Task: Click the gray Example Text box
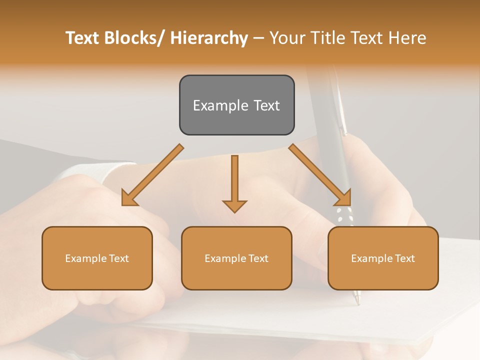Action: tap(236, 105)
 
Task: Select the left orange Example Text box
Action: tap(97, 258)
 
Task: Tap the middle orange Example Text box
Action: tap(236, 258)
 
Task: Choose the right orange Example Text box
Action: tap(383, 258)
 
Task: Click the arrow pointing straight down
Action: tap(234, 183)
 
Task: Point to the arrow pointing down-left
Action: tap(153, 175)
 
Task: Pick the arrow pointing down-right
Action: tap(320, 175)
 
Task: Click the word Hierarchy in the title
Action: tap(209, 38)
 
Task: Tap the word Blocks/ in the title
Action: tap(132, 38)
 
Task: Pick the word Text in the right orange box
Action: tap(405, 258)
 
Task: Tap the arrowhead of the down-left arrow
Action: tap(127, 199)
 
